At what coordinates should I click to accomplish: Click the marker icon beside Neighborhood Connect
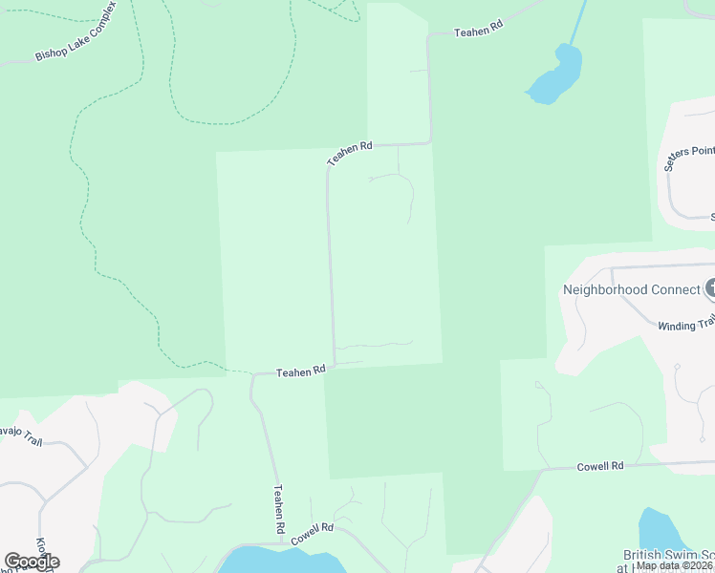pyautogui.click(x=709, y=287)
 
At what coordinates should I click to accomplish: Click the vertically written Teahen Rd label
pyautogui.click(x=279, y=509)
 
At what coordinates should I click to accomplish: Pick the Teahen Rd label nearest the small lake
pyautogui.click(x=478, y=32)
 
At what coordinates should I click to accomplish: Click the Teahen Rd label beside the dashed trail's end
pyautogui.click(x=301, y=371)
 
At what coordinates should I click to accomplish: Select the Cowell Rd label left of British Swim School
pyautogui.click(x=600, y=466)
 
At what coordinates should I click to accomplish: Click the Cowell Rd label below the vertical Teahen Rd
pyautogui.click(x=313, y=533)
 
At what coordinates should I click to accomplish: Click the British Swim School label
pyautogui.click(x=668, y=555)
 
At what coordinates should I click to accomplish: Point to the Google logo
pyautogui.click(x=32, y=562)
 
